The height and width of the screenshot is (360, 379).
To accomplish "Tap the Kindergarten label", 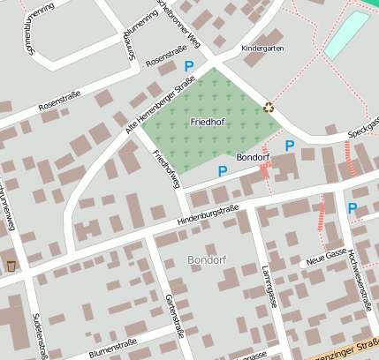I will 262,49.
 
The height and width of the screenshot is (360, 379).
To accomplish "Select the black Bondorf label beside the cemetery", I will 253,157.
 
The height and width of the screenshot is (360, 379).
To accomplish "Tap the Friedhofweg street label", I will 166,169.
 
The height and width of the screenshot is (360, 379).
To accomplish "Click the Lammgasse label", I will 271,285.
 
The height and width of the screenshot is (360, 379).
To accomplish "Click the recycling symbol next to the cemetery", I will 269,109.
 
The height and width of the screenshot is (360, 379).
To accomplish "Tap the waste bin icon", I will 11,266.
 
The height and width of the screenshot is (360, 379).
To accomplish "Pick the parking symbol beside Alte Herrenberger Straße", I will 188,66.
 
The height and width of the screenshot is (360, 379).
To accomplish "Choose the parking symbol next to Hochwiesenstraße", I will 352,208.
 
